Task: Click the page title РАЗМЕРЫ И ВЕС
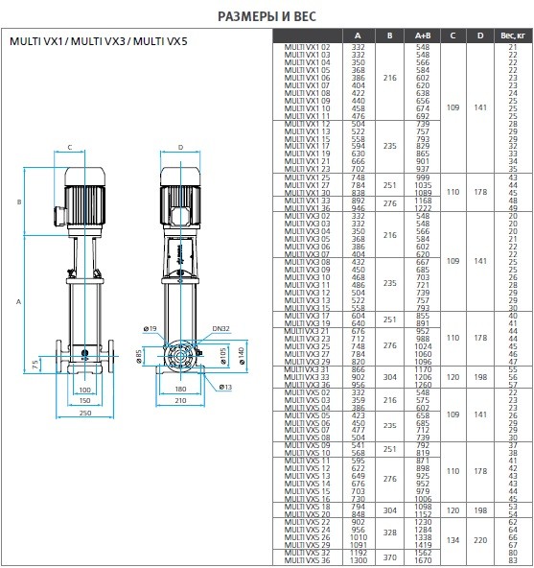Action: [266, 14]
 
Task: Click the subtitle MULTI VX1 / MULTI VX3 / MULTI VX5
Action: [99, 42]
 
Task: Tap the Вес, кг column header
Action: [512, 35]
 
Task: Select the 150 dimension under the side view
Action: [84, 401]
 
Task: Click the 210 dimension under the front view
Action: [180, 401]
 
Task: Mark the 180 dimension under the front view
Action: [180, 390]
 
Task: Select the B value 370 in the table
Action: [388, 556]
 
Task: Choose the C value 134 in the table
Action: [452, 538]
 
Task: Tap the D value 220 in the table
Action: [481, 538]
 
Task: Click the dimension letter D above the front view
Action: [180, 148]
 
